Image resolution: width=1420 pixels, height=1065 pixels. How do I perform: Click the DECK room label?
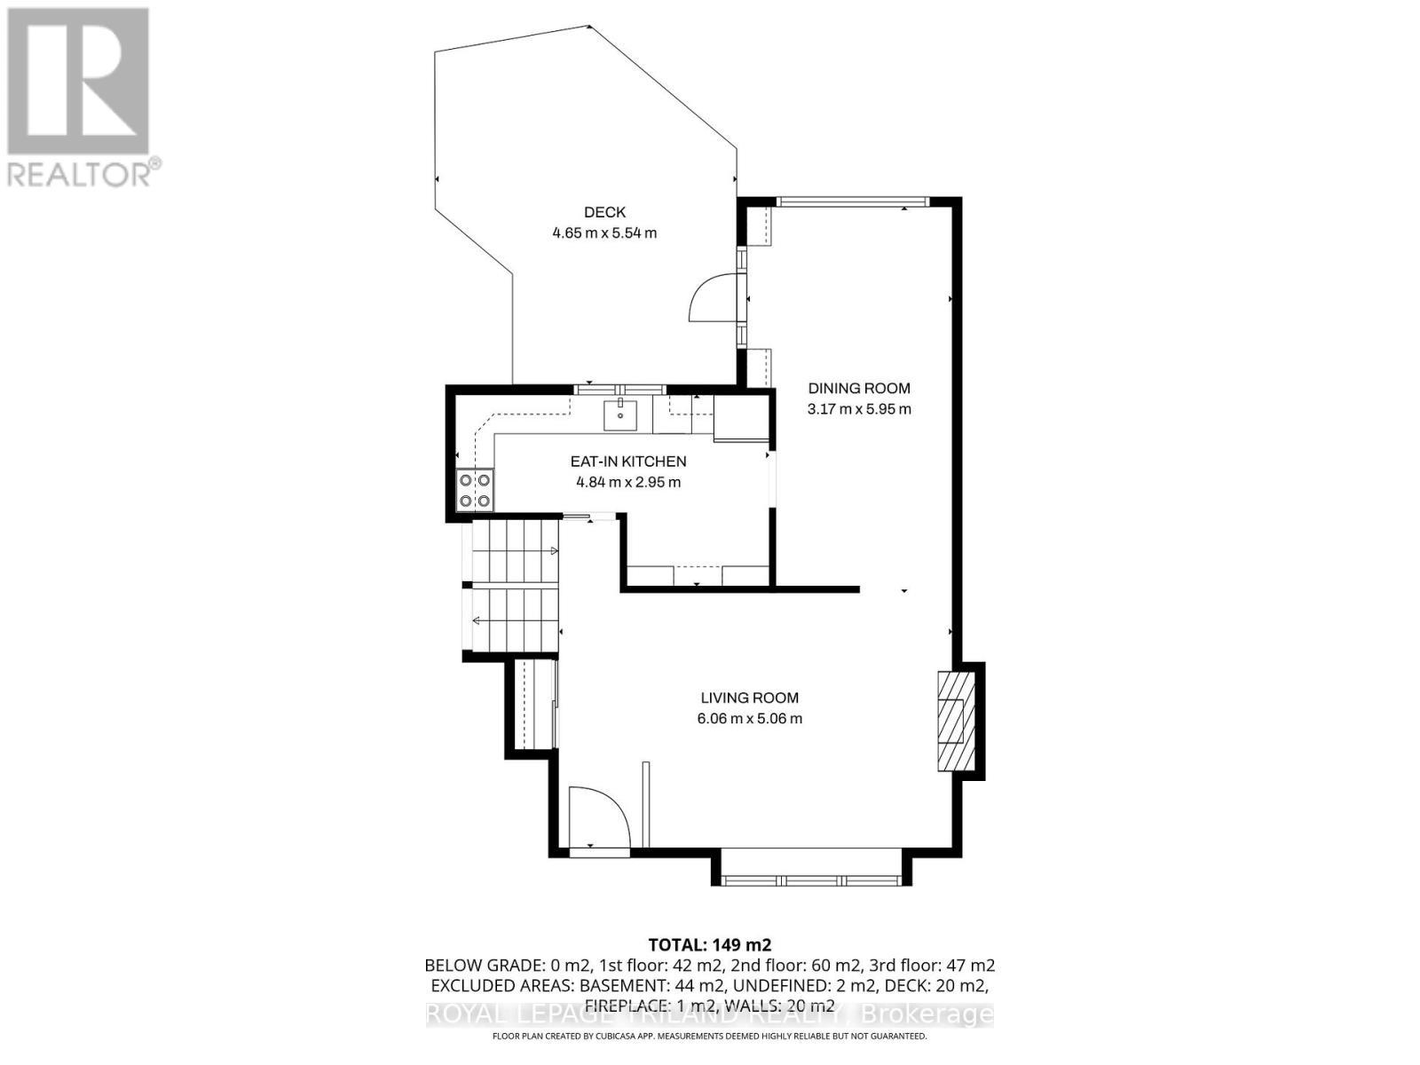pos(604,212)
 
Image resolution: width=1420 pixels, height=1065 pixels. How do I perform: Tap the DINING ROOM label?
pos(858,388)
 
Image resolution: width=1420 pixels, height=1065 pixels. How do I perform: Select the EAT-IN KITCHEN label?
pos(627,461)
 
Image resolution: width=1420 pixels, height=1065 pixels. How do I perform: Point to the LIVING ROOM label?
pos(749,698)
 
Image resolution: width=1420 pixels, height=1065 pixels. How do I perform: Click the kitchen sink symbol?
pos(620,414)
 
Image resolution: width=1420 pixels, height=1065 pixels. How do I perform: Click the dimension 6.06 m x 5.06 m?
pos(749,719)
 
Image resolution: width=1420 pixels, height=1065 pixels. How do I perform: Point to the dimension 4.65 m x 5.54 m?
pos(604,233)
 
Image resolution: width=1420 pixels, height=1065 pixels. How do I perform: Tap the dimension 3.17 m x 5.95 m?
pos(858,409)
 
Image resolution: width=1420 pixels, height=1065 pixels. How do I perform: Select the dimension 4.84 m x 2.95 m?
pos(627,483)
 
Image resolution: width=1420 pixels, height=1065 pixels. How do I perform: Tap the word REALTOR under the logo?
pos(80,174)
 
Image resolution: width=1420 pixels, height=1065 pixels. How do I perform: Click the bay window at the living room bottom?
pos(811,880)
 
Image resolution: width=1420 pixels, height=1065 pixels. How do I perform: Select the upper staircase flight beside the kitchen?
pos(515,551)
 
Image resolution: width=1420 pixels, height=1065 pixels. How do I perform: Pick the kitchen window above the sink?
pos(619,390)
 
